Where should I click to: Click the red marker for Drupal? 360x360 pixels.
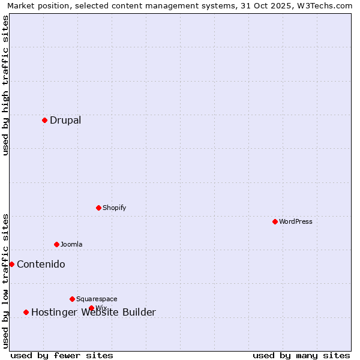point(44,120)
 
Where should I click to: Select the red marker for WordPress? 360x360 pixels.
point(275,221)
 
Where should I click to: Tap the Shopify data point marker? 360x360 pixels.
point(98,208)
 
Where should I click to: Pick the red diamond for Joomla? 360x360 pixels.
point(56,244)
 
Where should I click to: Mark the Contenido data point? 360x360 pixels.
point(11,264)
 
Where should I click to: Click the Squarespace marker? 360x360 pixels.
point(72,299)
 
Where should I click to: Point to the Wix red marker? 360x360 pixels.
point(91,308)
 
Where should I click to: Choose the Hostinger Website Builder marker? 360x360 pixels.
point(26,312)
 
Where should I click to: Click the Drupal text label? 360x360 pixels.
point(65,120)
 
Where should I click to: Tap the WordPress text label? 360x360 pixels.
point(296,221)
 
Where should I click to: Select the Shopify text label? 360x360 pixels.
point(114,208)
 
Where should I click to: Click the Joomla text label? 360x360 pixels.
point(71,244)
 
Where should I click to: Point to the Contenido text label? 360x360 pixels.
point(41,264)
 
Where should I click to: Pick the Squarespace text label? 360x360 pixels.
point(97,299)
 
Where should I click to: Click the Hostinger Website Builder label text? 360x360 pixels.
point(93,312)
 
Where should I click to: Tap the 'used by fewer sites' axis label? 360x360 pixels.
point(62,355)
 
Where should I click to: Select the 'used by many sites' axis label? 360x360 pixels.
point(301,355)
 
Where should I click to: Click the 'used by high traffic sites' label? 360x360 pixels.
point(5,85)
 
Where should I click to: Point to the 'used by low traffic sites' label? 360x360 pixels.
point(5,281)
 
